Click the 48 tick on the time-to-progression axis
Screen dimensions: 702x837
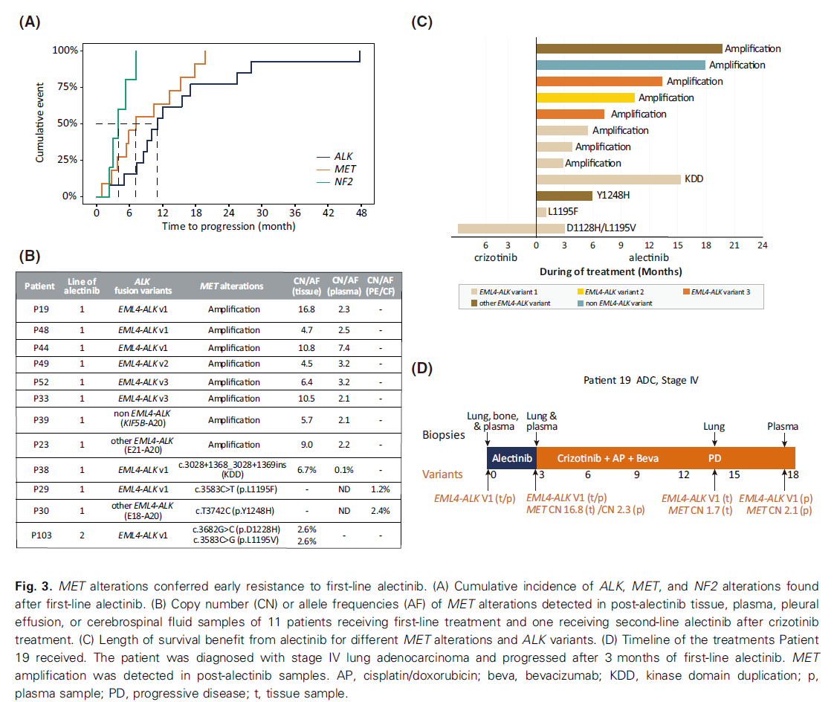[360, 212]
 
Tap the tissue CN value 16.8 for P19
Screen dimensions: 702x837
[306, 309]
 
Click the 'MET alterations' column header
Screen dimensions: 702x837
[231, 286]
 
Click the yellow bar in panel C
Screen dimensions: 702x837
[585, 97]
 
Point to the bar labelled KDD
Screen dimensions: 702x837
[608, 179]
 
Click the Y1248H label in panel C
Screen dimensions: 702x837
[613, 196]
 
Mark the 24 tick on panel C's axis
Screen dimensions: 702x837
[761, 245]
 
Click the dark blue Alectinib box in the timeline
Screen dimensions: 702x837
[511, 458]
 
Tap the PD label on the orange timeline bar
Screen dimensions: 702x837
[714, 458]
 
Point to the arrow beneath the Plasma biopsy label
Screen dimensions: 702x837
[784, 439]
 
